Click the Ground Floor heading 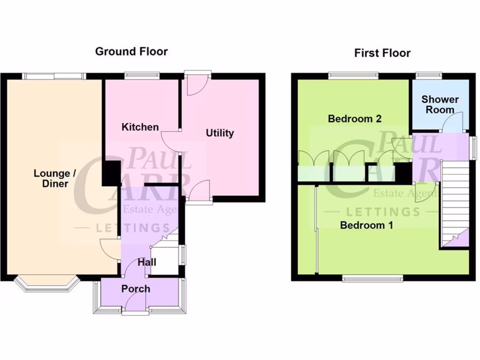(x=131, y=52)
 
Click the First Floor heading (x=382, y=53)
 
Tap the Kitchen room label (x=140, y=127)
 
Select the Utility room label (x=220, y=133)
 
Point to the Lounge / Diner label (x=54, y=178)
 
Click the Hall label (x=147, y=262)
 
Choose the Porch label (x=135, y=288)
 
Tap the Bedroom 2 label (x=354, y=119)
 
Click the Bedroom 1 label (x=366, y=225)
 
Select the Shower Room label (x=440, y=104)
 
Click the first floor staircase (x=455, y=202)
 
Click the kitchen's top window (x=142, y=75)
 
